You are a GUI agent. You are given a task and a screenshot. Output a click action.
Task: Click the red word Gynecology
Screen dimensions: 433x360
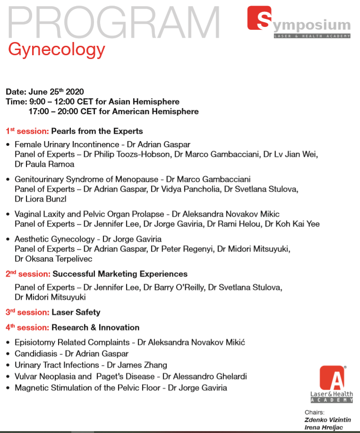[x=56, y=49]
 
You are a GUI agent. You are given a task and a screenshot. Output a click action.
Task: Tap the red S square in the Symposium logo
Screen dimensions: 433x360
[x=259, y=19]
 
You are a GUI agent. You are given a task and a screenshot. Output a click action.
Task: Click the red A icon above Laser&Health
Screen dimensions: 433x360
[x=331, y=378]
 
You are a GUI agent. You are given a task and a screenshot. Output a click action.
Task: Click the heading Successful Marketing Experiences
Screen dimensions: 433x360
[x=120, y=274]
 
